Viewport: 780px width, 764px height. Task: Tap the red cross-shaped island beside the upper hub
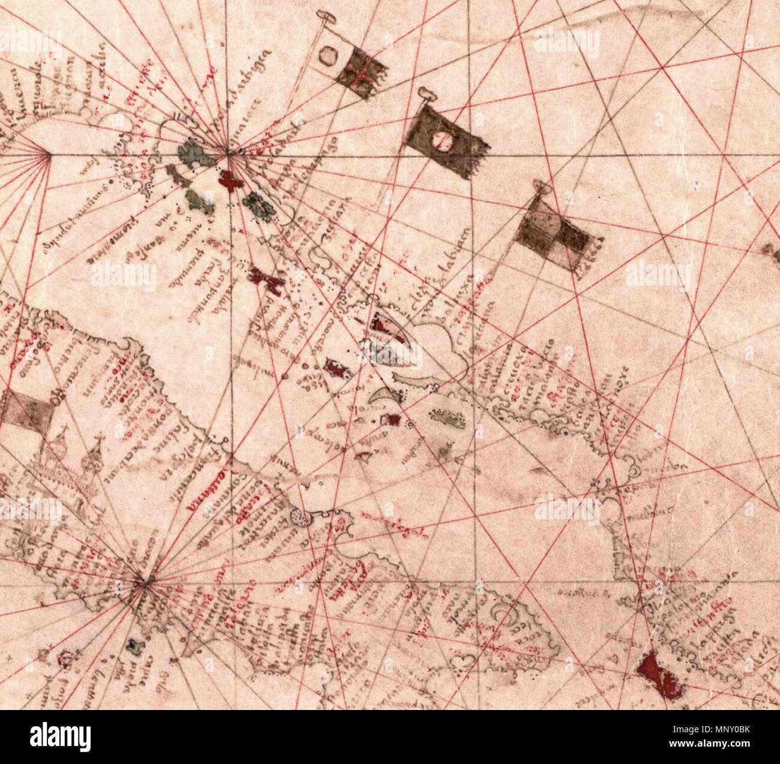pos(230,179)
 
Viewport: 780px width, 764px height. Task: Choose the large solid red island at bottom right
pos(659,676)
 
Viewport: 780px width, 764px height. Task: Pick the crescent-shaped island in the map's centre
pos(380,396)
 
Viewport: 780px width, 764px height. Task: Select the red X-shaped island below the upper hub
pos(266,280)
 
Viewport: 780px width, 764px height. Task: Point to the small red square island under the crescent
pos(393,420)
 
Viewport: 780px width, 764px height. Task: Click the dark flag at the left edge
pos(23,414)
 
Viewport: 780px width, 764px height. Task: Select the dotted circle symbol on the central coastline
pos(299,518)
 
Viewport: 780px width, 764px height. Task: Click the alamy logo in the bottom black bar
pos(60,737)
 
